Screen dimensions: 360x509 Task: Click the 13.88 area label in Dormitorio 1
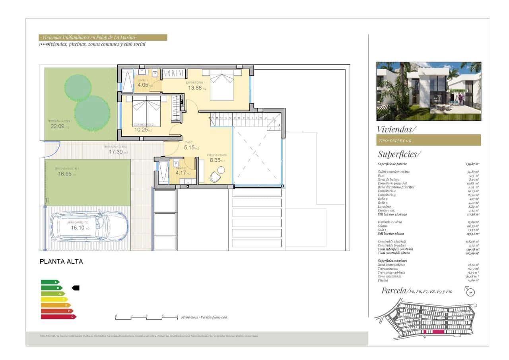pos(195,88)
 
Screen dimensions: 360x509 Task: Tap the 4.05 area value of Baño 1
pos(143,85)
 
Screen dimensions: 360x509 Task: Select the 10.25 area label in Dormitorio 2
pos(141,129)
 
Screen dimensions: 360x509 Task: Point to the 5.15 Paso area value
pos(189,147)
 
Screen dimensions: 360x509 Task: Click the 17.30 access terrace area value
pos(116,152)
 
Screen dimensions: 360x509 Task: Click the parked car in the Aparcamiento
pos(91,227)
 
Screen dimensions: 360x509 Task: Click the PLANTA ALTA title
pos(61,262)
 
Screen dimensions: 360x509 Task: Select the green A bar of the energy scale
pos(50,282)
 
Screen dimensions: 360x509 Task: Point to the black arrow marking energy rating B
pos(75,288)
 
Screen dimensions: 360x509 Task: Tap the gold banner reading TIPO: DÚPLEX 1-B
pos(428,140)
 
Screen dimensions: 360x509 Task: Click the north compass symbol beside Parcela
pos(470,292)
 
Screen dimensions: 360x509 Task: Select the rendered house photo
pos(429,91)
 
